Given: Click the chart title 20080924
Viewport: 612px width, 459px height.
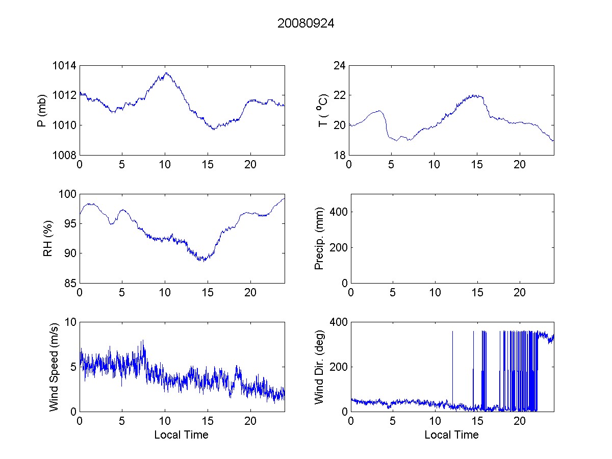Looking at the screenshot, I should point(305,23).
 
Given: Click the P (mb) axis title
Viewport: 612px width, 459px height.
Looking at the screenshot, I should point(43,110).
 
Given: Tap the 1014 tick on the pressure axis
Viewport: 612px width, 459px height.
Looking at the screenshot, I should point(65,66).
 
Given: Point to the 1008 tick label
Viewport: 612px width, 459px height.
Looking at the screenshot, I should point(65,155).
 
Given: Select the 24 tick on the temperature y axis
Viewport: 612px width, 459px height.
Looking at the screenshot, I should point(340,66).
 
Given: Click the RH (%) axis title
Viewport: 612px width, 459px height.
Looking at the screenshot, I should point(48,238).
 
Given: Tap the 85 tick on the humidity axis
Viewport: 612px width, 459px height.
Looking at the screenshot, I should point(69,283).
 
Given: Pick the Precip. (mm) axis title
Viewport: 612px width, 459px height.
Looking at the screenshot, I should point(319,238).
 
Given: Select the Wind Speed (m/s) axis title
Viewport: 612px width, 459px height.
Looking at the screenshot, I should point(54,366).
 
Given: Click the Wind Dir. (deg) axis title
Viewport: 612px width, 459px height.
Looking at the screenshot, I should point(319,366).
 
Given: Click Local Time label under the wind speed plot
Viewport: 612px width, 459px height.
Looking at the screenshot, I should point(181,435).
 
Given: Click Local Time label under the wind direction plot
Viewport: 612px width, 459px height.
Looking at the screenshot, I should point(451,435).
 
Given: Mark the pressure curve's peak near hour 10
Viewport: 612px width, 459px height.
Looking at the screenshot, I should point(166,73).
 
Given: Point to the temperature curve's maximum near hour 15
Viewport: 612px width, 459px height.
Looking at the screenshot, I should point(476,95).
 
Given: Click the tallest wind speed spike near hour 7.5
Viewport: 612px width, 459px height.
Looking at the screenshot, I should point(143,341).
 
